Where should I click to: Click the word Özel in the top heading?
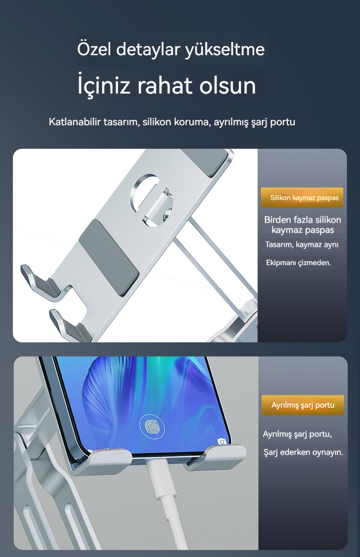pos(94,49)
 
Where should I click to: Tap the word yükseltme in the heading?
pos(225,50)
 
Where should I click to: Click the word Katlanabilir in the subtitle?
pos(75,122)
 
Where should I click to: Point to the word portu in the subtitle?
pos(283,123)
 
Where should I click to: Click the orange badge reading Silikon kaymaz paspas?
pos(302,198)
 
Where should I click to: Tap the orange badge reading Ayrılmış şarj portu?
pos(303,405)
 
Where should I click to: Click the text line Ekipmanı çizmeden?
pos(298,263)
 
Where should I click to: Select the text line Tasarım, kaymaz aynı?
pos(302,245)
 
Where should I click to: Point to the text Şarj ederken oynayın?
pos(303,452)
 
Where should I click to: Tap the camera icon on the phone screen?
pos(221,441)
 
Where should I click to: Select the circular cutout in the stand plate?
pos(151,200)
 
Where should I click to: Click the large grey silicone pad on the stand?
pos(108,258)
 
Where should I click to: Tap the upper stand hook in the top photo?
pos(45,283)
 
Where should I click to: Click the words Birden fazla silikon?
pos(303,220)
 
